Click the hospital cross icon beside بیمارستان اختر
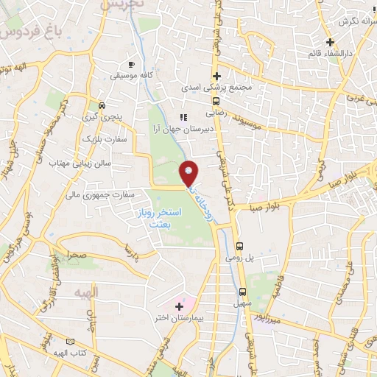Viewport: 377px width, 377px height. (179, 305)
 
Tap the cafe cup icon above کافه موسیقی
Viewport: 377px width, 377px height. (131, 63)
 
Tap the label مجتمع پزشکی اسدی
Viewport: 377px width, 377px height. (220, 88)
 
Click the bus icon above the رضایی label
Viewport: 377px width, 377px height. (216, 102)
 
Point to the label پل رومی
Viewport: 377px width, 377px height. (239, 258)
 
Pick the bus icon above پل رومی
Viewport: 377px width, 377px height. (239, 247)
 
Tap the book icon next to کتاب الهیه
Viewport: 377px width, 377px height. (71, 342)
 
